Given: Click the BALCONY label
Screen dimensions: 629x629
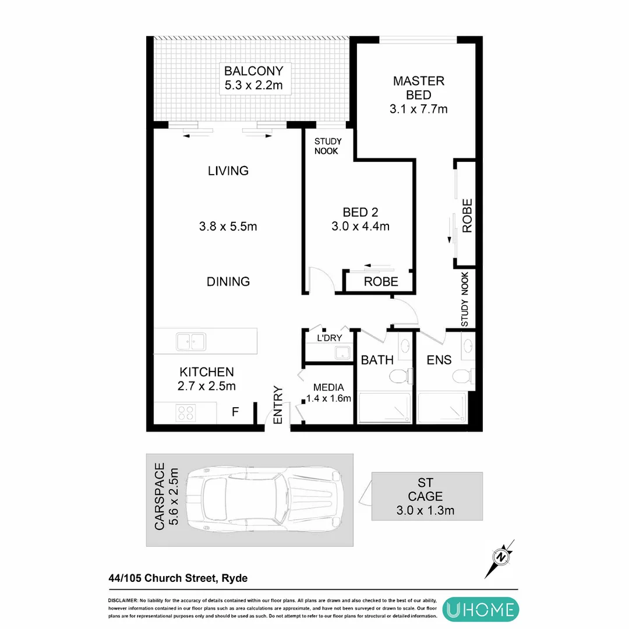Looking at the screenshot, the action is [254, 71].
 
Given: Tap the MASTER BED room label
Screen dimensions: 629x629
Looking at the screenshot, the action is [418, 87].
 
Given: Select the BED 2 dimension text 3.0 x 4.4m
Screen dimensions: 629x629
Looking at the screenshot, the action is [360, 227].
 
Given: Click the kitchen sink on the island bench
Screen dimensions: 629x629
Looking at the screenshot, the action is [190, 341].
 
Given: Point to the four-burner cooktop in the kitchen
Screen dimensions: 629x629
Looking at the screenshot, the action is [186, 413].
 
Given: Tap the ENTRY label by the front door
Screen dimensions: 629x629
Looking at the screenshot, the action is [278, 405].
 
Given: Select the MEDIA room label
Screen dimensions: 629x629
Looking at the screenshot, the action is [328, 387].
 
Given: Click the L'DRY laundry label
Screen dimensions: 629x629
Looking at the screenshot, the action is [328, 338].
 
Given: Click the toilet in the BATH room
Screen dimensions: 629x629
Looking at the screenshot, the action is [400, 377].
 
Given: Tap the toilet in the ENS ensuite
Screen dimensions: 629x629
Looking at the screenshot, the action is [464, 376].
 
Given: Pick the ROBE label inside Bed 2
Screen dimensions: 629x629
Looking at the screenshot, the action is [381, 282].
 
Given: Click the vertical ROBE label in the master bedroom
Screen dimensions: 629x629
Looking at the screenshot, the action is [467, 216].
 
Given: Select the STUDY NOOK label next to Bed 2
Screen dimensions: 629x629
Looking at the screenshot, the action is [328, 146].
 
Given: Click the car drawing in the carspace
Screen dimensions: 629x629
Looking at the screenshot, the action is [263, 499].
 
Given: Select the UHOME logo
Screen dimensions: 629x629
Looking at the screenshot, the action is [479, 609].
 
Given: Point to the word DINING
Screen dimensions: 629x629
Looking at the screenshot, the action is [228, 281].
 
